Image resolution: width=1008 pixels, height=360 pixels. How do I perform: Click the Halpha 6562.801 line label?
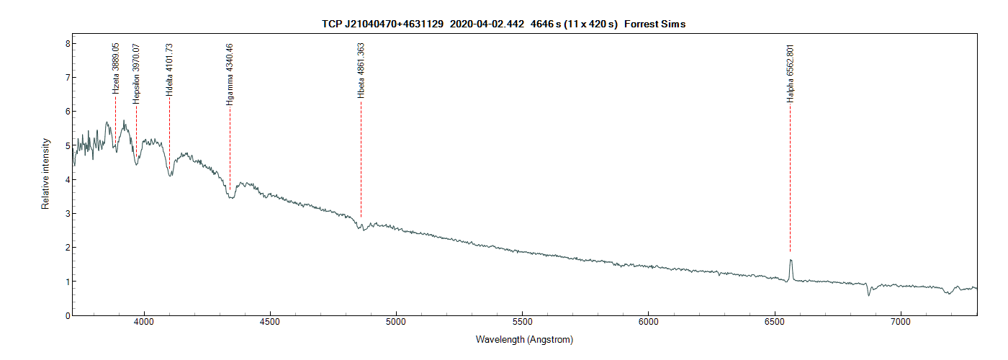(790, 73)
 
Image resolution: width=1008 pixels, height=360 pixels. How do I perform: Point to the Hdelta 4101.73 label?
(169, 70)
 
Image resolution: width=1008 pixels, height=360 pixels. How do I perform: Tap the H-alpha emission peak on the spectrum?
(791, 260)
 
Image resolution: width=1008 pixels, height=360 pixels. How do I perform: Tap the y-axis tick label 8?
(67, 43)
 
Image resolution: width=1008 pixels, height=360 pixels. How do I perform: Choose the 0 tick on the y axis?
(67, 315)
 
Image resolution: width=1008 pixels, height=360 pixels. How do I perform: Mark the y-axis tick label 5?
(67, 145)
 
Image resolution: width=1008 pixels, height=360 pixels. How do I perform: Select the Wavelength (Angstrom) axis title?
(524, 339)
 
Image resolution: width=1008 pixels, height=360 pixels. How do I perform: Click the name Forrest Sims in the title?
(654, 24)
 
